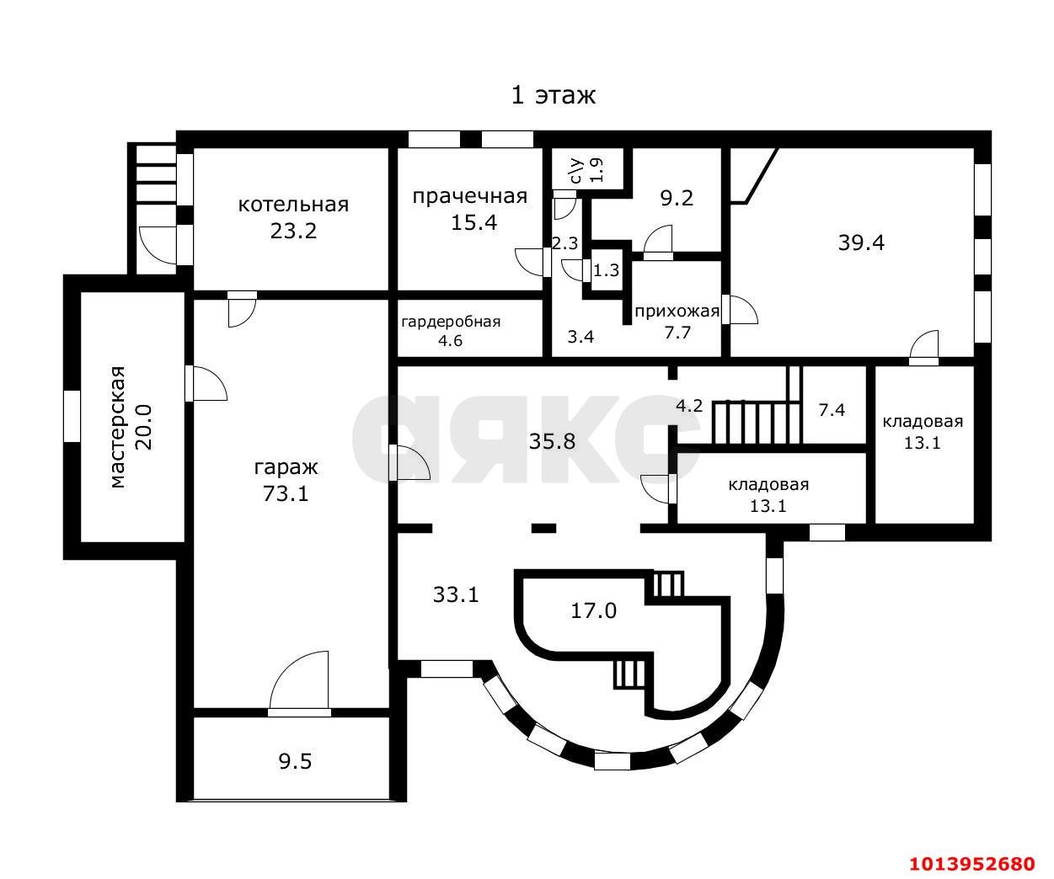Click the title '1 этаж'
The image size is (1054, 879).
(x=554, y=95)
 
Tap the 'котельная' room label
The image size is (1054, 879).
(x=293, y=205)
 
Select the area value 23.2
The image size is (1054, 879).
(x=293, y=231)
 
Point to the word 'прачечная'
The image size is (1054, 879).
(x=470, y=196)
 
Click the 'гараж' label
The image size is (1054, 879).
(x=286, y=468)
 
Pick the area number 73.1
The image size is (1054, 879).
(x=286, y=493)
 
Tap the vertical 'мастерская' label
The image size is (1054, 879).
(x=118, y=427)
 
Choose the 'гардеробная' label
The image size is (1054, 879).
(x=451, y=322)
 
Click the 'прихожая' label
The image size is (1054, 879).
(x=677, y=312)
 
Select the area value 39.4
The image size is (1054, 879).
(x=861, y=242)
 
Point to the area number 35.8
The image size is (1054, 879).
(x=552, y=441)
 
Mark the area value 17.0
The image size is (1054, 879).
(x=594, y=611)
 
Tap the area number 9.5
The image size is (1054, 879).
(x=295, y=761)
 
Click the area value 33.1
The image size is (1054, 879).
(x=456, y=595)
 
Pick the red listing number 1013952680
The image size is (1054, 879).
(x=972, y=863)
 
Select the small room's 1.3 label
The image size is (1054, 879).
(x=606, y=270)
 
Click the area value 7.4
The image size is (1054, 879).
(x=832, y=410)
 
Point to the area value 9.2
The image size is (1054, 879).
(x=677, y=198)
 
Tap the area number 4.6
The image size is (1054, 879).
(x=450, y=341)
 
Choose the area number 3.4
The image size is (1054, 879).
(x=581, y=337)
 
